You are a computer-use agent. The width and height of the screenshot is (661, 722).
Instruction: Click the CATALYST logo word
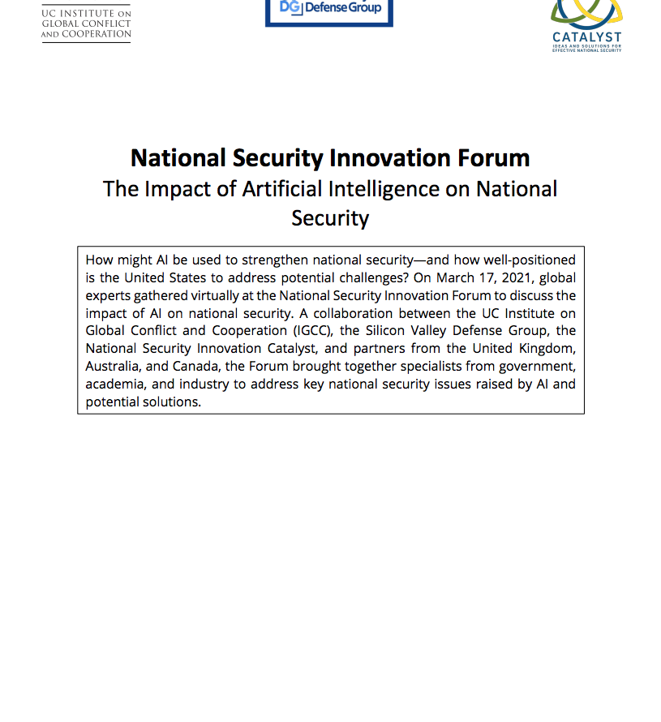(x=586, y=37)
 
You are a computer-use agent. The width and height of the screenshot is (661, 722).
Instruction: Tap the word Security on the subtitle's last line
(x=330, y=217)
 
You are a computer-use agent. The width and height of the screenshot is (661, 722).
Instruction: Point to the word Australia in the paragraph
(x=113, y=367)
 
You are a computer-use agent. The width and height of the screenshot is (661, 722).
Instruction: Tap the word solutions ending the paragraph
(x=171, y=402)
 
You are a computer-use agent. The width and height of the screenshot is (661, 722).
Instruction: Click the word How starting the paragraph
(x=99, y=260)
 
